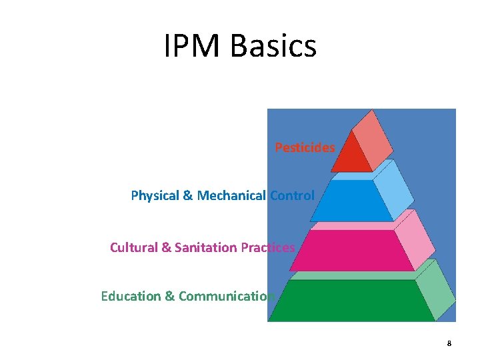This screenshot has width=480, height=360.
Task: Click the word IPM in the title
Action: click(193, 46)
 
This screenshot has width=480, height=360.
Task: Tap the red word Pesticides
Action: click(305, 147)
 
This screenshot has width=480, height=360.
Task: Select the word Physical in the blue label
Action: click(155, 196)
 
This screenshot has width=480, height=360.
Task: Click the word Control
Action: click(292, 196)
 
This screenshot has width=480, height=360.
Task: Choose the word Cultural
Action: click(134, 247)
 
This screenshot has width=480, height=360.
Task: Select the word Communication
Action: click(227, 296)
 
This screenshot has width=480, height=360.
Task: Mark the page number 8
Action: click(449, 343)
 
